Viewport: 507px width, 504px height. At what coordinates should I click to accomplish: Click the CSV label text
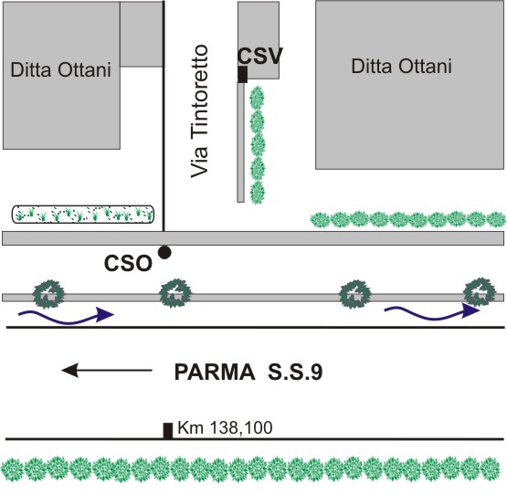(260, 57)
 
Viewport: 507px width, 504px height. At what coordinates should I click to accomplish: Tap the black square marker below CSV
(242, 74)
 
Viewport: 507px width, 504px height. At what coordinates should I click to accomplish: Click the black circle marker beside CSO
(164, 252)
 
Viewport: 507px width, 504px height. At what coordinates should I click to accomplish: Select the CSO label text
(128, 263)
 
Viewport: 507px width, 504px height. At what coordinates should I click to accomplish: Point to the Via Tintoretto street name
(199, 111)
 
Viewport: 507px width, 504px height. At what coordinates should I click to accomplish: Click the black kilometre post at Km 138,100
(167, 431)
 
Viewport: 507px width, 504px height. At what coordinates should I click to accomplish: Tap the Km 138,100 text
(225, 427)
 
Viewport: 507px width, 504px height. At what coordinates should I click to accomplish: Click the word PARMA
(215, 373)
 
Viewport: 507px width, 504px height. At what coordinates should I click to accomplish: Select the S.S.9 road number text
(295, 373)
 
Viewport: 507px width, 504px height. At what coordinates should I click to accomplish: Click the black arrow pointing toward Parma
(107, 371)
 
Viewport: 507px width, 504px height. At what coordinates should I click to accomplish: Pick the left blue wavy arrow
(67, 316)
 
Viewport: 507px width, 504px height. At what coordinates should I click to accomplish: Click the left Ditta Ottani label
(61, 69)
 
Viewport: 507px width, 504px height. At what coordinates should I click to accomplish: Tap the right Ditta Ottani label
(402, 67)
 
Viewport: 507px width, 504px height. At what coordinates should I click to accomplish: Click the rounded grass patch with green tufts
(83, 215)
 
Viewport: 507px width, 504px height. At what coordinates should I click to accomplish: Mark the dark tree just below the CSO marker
(175, 293)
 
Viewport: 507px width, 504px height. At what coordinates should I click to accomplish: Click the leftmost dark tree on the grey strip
(48, 294)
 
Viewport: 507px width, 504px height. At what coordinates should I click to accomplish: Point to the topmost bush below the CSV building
(257, 98)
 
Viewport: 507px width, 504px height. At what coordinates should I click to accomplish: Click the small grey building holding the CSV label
(259, 40)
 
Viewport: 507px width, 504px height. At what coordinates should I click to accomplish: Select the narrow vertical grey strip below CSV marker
(240, 142)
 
